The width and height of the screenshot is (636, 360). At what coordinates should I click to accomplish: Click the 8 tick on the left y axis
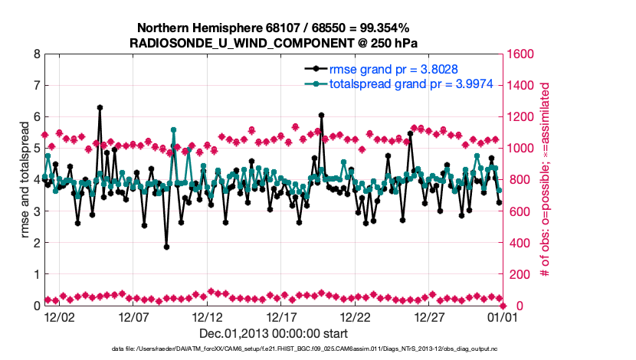coord(35,54)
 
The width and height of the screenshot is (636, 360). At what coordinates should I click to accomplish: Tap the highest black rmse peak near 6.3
coord(100,108)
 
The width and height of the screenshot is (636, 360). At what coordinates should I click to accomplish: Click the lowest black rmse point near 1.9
coord(166,247)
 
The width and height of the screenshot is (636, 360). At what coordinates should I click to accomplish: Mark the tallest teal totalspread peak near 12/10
coord(173,130)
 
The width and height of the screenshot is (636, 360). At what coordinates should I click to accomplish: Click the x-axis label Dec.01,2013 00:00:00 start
coord(274,334)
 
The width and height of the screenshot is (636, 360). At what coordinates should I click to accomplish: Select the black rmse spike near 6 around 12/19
coord(321,116)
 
